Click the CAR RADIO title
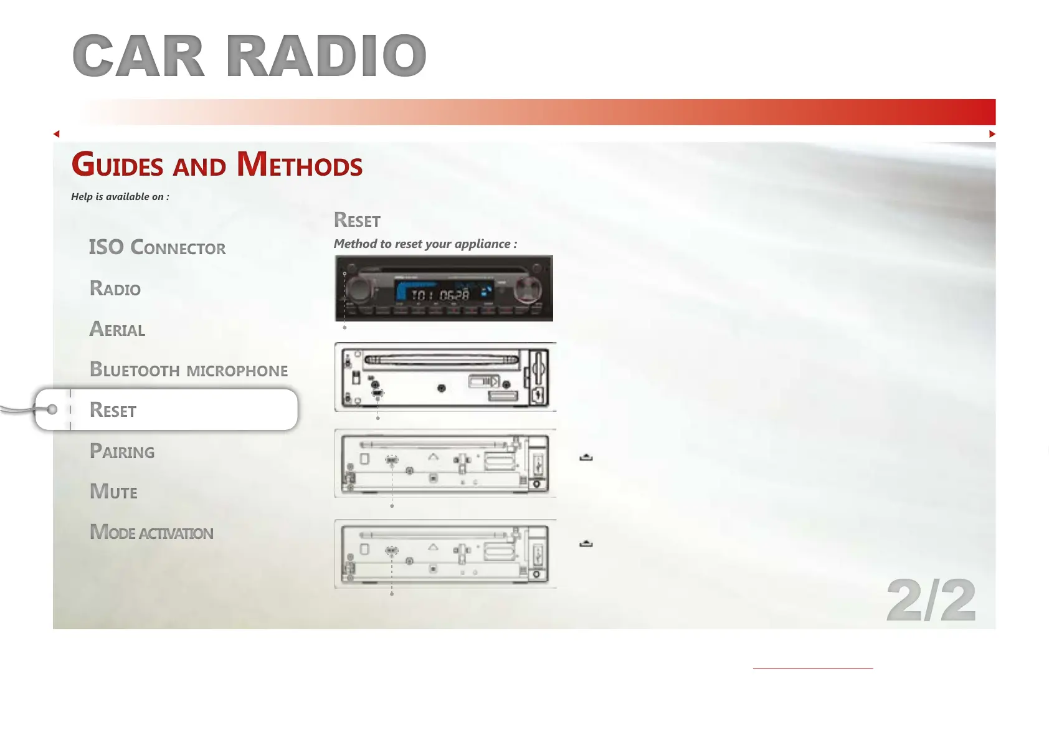click(x=249, y=55)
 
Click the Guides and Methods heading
click(x=217, y=164)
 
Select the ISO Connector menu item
click(x=158, y=247)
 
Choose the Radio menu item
click(x=115, y=288)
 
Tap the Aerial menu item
click(x=117, y=329)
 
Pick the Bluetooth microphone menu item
click(x=189, y=369)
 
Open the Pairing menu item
click(x=121, y=450)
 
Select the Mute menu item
click(x=113, y=492)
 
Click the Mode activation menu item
click(x=151, y=532)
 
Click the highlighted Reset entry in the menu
click(x=113, y=410)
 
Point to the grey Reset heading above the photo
click(x=357, y=220)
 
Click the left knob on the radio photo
click(x=359, y=288)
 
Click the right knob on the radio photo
click(x=528, y=288)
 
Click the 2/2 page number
click(x=931, y=600)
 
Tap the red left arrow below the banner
click(x=57, y=134)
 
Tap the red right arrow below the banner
click(x=992, y=134)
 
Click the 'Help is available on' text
click(x=120, y=197)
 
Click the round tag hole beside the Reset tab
click(x=52, y=409)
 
